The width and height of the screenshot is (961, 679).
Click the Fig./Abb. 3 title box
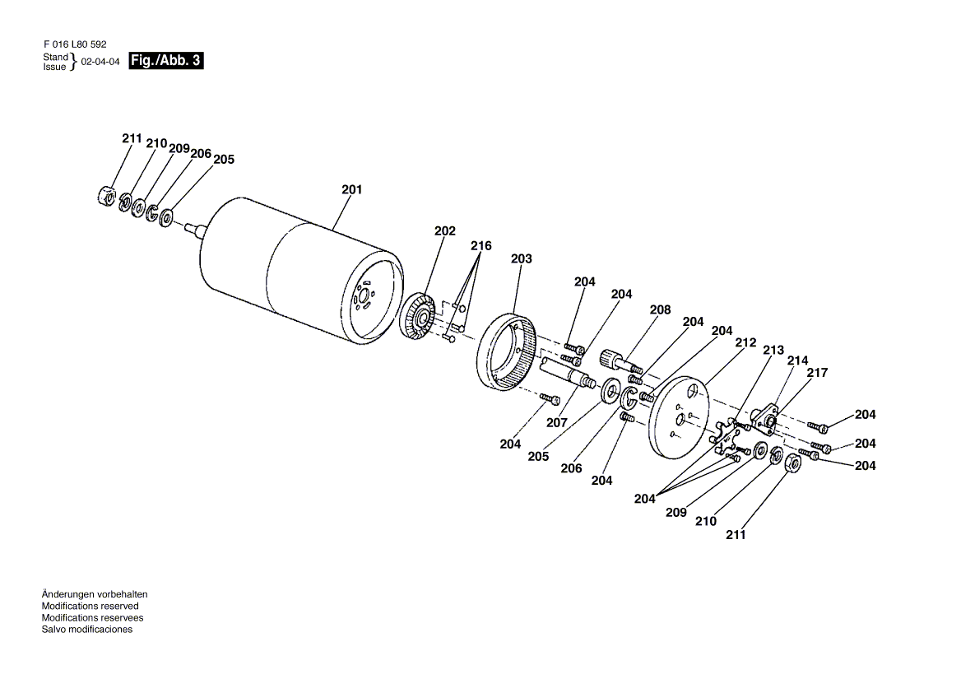[165, 61]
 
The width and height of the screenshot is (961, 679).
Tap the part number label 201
[352, 190]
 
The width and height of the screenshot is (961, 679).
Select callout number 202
[445, 231]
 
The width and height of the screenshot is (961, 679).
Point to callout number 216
[481, 246]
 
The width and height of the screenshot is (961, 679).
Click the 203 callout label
[522, 259]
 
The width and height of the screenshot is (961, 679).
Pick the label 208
[660, 310]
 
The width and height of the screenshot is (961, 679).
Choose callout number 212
[746, 342]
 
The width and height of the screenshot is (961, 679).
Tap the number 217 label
[817, 373]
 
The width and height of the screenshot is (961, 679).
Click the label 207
[557, 423]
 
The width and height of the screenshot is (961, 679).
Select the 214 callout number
[797, 360]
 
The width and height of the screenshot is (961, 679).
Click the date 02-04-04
[100, 62]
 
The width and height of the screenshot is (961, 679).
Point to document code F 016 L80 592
[76, 44]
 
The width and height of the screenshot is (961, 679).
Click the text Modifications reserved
[91, 606]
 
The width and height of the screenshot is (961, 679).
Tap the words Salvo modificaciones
[87, 630]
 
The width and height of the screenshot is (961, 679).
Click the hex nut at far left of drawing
[107, 196]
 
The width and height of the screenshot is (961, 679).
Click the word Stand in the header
[55, 57]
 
